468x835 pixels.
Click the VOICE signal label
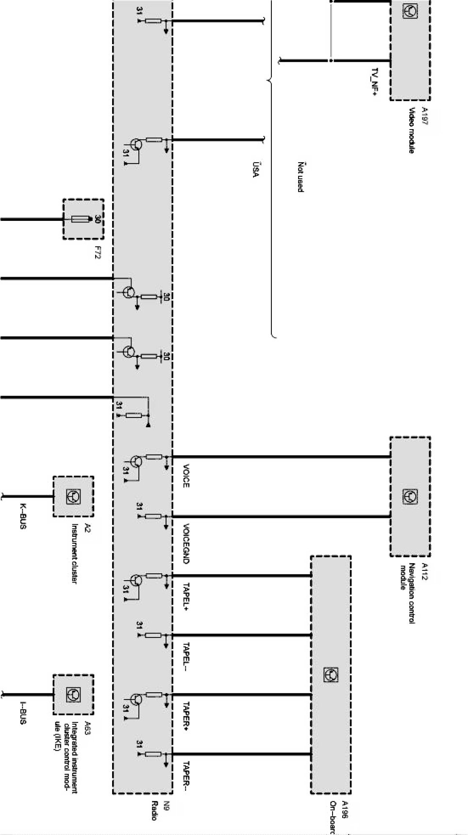(186, 476)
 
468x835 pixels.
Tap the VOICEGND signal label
(186, 543)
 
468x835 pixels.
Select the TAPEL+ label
(186, 595)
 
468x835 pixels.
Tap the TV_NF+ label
(374, 82)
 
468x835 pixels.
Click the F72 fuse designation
(97, 253)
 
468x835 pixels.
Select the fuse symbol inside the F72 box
(81, 219)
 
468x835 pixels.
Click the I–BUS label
(22, 714)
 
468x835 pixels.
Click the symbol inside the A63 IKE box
(73, 695)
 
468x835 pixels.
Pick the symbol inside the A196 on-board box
(331, 675)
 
